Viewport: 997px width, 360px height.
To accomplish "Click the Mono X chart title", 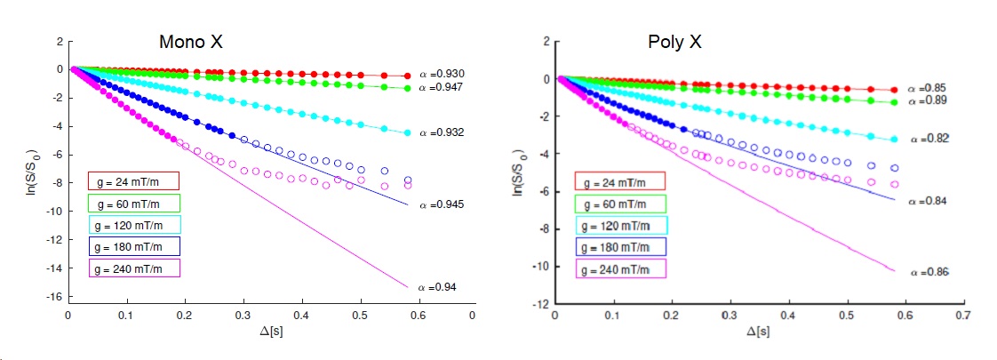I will (191, 43).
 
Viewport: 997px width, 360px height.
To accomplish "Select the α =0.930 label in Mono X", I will (442, 73).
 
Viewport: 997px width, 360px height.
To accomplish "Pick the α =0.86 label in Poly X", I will (929, 271).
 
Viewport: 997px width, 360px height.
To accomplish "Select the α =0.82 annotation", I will (928, 139).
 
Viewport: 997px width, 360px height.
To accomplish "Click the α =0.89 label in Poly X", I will (928, 100).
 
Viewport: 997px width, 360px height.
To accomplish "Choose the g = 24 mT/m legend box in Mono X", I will (133, 181).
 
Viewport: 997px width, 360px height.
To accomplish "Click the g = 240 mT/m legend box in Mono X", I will (133, 268).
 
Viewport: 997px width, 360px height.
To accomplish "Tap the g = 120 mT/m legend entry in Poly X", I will (619, 225).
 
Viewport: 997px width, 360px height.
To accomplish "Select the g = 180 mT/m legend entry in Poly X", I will (619, 246).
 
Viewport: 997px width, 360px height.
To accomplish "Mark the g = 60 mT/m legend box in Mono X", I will (133, 203).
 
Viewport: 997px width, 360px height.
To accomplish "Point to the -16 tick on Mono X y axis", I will (55, 297).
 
